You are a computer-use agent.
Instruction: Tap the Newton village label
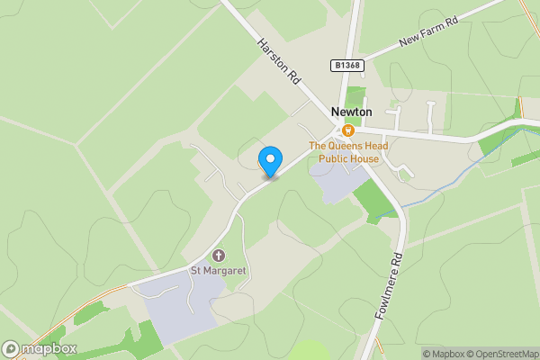(352, 112)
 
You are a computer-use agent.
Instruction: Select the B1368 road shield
(346, 66)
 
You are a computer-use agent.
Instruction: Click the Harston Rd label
(278, 61)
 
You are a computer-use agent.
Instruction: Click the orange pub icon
(347, 130)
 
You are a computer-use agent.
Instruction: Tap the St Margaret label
(218, 270)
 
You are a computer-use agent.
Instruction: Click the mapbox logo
(40, 348)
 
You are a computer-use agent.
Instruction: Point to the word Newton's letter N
(336, 112)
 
